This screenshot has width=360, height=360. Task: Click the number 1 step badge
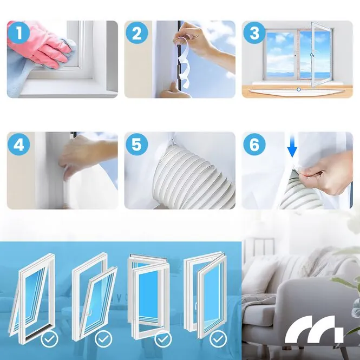point(19,32)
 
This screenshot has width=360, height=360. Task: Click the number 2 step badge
point(137,32)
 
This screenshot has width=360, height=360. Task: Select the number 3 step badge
point(254,32)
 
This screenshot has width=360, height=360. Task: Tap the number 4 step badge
point(19,144)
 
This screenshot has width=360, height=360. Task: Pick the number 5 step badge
point(137,144)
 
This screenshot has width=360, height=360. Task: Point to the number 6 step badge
point(254,144)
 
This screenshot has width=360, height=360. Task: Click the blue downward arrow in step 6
point(292,147)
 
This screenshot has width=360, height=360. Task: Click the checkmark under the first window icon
point(50,339)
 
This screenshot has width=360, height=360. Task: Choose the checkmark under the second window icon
point(103,339)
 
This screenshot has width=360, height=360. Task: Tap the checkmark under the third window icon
point(163,339)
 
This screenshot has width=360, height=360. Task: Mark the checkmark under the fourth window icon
point(218,339)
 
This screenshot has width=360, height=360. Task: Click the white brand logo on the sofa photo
point(314,330)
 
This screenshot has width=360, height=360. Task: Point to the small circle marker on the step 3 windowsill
point(298,89)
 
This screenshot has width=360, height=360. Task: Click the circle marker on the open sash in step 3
point(312,55)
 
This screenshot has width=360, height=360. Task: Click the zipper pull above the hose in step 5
point(173,141)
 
